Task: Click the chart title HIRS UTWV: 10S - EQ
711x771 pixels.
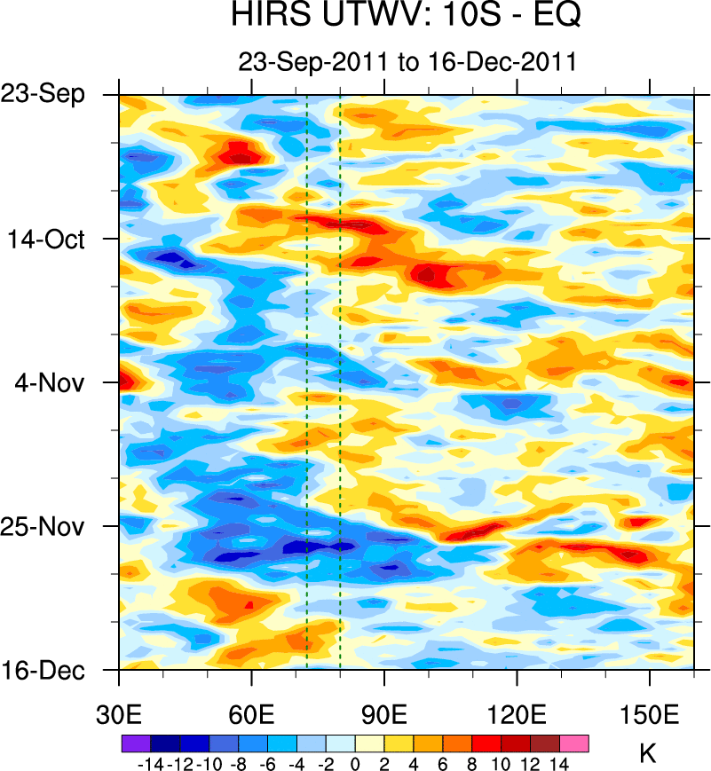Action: coord(407,16)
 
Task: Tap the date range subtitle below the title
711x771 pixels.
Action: coord(407,61)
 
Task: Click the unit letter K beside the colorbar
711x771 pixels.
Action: coord(648,755)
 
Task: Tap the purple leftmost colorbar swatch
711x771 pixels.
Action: coord(135,743)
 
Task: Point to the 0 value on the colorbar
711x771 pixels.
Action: coord(355,763)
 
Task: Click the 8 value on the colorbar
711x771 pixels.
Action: coord(471,763)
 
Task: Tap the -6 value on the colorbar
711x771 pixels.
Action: coord(266,763)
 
